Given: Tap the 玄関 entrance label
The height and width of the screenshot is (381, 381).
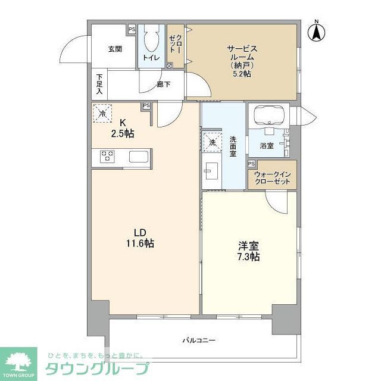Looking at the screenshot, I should click(115, 49).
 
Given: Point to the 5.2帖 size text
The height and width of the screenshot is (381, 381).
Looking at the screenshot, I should click(241, 74).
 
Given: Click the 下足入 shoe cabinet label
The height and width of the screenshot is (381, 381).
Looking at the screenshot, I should click(99, 84).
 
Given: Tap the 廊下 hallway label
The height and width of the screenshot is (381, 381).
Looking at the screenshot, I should click(163, 85).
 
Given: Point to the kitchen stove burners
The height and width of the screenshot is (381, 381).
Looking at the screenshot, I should click(107, 157).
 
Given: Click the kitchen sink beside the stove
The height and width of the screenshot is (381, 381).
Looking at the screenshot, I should click(138, 158).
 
